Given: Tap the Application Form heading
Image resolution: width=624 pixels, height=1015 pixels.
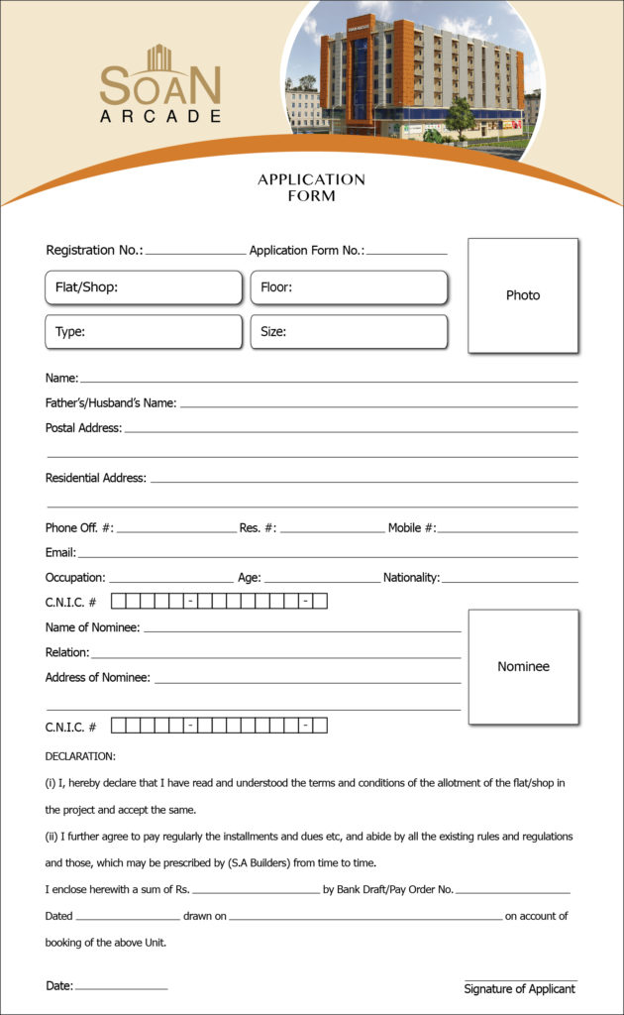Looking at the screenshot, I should pos(311,187).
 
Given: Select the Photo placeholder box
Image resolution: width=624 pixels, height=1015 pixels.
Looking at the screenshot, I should pos(523,295).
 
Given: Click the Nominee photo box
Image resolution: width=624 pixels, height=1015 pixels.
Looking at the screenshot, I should pos(523,666).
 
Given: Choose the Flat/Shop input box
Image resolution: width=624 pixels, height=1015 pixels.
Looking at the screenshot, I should pos(144,287).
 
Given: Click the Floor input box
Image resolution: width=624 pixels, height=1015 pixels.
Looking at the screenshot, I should pos(349,287).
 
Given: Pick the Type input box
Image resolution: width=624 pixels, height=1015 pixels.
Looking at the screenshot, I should pos(144,332).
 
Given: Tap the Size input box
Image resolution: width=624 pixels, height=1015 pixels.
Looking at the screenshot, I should pos(349,332).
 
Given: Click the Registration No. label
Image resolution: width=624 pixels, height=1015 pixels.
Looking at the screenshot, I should pos(94,251).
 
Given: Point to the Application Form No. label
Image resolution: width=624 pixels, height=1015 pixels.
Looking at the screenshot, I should pos(306,251).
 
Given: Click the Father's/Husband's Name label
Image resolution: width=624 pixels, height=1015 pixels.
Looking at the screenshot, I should pos(111,403).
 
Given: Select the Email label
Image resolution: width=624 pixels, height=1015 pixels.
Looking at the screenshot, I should pos(60,552).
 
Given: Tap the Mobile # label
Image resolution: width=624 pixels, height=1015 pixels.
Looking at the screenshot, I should pos(411,528).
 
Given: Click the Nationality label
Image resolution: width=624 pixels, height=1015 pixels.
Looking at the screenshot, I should pos(411,578).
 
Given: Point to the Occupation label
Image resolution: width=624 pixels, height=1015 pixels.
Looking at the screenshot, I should pos(75,578).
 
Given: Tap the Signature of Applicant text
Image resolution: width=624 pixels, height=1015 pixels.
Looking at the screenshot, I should pos(519,989).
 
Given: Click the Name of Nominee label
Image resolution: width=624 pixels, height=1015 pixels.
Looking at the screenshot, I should pos(92,627).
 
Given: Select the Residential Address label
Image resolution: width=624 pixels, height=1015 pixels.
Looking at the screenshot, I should pos(96,478).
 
